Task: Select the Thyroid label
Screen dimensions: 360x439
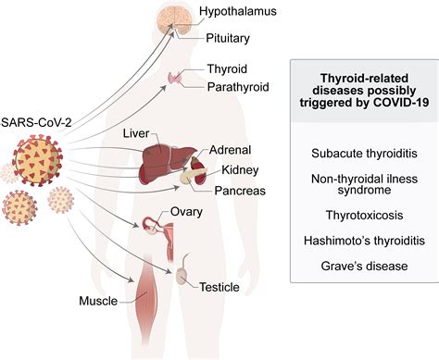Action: pyautogui.click(x=227, y=70)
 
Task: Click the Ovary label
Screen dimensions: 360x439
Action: pyautogui.click(x=187, y=213)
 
